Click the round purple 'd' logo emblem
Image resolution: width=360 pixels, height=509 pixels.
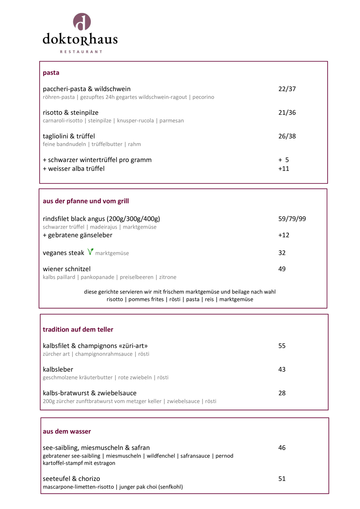pos(82,22)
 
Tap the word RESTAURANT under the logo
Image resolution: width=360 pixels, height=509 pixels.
pos(81,52)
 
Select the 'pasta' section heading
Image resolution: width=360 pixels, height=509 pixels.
pos(51,73)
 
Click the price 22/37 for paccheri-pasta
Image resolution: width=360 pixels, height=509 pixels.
pos(287,89)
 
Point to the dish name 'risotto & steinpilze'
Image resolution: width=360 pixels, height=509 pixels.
pos(71,113)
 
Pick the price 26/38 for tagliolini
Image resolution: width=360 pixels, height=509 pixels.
pos(287,136)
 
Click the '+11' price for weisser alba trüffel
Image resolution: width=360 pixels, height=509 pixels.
pos(284,169)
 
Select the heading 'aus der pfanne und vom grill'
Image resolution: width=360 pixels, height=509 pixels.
pos(86,201)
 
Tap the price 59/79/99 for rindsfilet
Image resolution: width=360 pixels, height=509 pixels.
pos(292,219)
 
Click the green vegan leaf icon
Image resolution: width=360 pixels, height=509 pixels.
pos(90,252)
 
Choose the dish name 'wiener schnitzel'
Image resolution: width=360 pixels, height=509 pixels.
pos(67,269)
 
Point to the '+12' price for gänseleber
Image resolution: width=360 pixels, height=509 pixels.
pos(284,235)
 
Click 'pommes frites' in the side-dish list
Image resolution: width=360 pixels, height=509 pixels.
pos(146,299)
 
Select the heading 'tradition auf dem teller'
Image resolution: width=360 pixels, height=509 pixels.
pos(78,330)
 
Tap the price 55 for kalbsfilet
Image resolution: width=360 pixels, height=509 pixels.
pos(282,346)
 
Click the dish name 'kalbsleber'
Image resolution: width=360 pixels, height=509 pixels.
pos(58,369)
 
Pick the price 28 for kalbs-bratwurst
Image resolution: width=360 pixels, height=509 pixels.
pos(282,393)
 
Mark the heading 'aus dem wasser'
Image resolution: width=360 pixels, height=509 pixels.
pos(67,432)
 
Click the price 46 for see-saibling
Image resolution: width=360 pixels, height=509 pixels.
pos(282,448)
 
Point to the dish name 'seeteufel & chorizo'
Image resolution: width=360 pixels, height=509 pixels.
pos(72,479)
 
